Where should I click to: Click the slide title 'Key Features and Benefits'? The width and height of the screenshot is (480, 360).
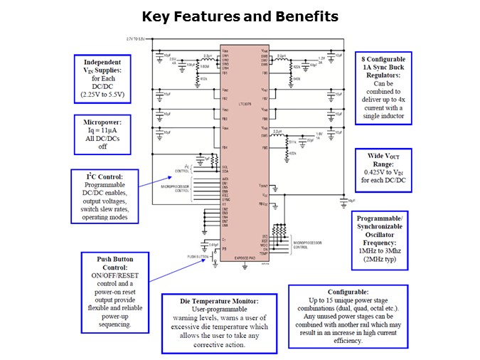pyautogui.click(x=240, y=16)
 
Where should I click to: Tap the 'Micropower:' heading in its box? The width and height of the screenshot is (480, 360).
pyautogui.click(x=103, y=122)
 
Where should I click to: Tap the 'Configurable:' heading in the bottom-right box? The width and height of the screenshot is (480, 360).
pyautogui.click(x=348, y=292)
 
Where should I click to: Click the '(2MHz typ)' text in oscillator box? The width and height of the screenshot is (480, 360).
pyautogui.click(x=383, y=260)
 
